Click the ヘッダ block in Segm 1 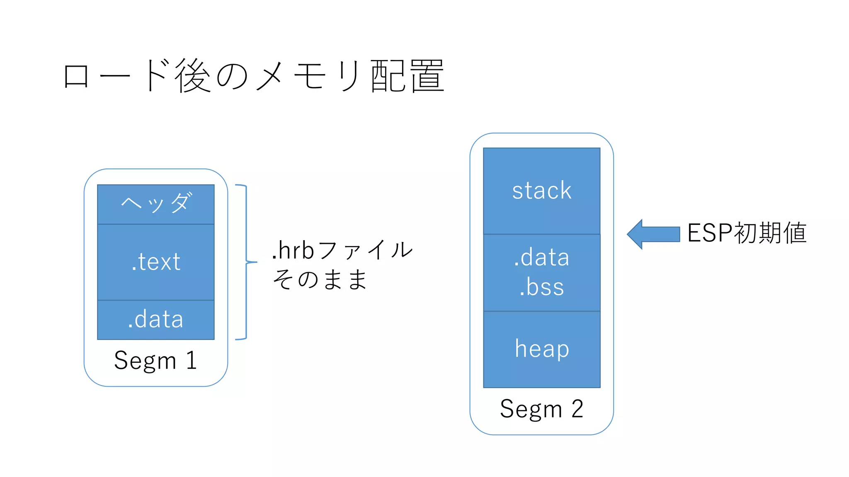click(156, 204)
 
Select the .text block click(156, 262)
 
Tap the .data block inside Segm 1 click(156, 320)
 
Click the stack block click(541, 191)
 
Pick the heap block click(541, 349)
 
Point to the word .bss click(541, 287)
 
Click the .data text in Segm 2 click(541, 257)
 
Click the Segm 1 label click(156, 360)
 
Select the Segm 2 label click(541, 409)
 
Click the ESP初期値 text click(747, 233)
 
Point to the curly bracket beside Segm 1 click(246, 262)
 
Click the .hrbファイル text click(342, 250)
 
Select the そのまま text click(320, 279)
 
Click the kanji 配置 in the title click(408, 76)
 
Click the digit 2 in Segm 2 click(577, 409)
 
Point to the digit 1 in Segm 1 click(191, 360)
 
